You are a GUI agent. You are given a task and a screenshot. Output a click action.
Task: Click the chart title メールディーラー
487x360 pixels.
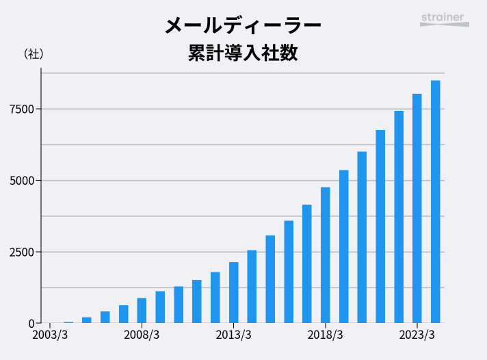pos(243,25)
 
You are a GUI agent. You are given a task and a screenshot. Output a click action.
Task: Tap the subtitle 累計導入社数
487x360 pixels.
pos(243,53)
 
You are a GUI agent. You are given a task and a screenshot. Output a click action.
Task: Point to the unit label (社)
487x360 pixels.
pos(34,53)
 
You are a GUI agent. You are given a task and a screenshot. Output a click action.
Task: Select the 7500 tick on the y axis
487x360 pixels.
pos(21,109)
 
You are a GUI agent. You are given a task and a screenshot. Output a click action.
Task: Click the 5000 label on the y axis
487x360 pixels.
pos(21,181)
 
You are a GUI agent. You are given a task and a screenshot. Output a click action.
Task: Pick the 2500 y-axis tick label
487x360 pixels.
pos(21,252)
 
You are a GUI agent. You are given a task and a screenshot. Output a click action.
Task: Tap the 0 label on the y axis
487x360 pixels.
pos(31,323)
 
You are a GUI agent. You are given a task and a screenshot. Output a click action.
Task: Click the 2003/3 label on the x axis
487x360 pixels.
pos(50,335)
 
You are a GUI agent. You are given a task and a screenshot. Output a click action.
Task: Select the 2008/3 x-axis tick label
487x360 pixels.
pos(142,335)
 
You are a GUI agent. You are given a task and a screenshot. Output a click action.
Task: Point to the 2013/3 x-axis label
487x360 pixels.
pos(233,335)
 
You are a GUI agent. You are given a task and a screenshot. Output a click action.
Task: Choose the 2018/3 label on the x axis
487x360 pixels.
pos(325,335)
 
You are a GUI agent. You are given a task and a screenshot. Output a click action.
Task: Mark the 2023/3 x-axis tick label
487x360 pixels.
pos(417,335)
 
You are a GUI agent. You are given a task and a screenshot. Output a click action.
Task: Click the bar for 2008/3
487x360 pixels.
pos(142,311)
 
